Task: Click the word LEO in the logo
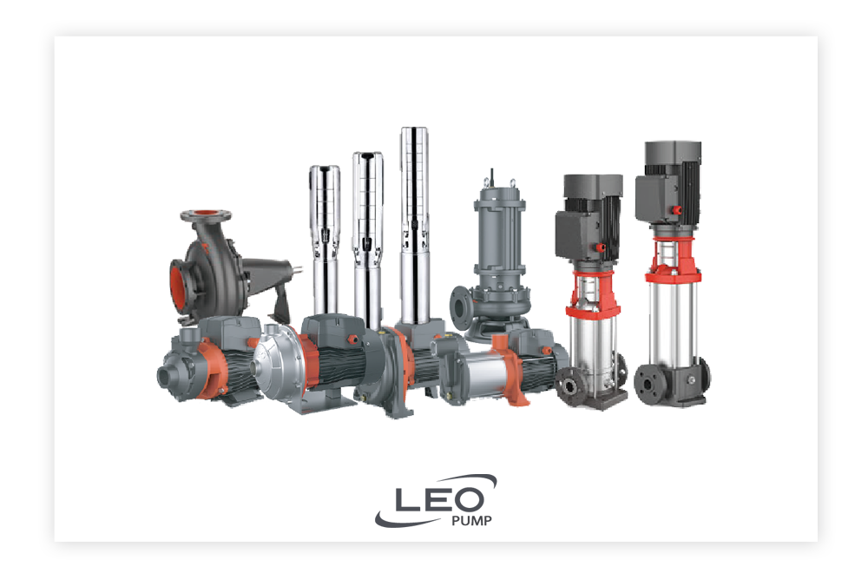pyautogui.click(x=439, y=499)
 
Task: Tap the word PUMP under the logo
pyautogui.click(x=471, y=521)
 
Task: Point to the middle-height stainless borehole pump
pyautogui.click(x=367, y=238)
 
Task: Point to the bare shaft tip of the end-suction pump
pyautogui.click(x=298, y=271)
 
